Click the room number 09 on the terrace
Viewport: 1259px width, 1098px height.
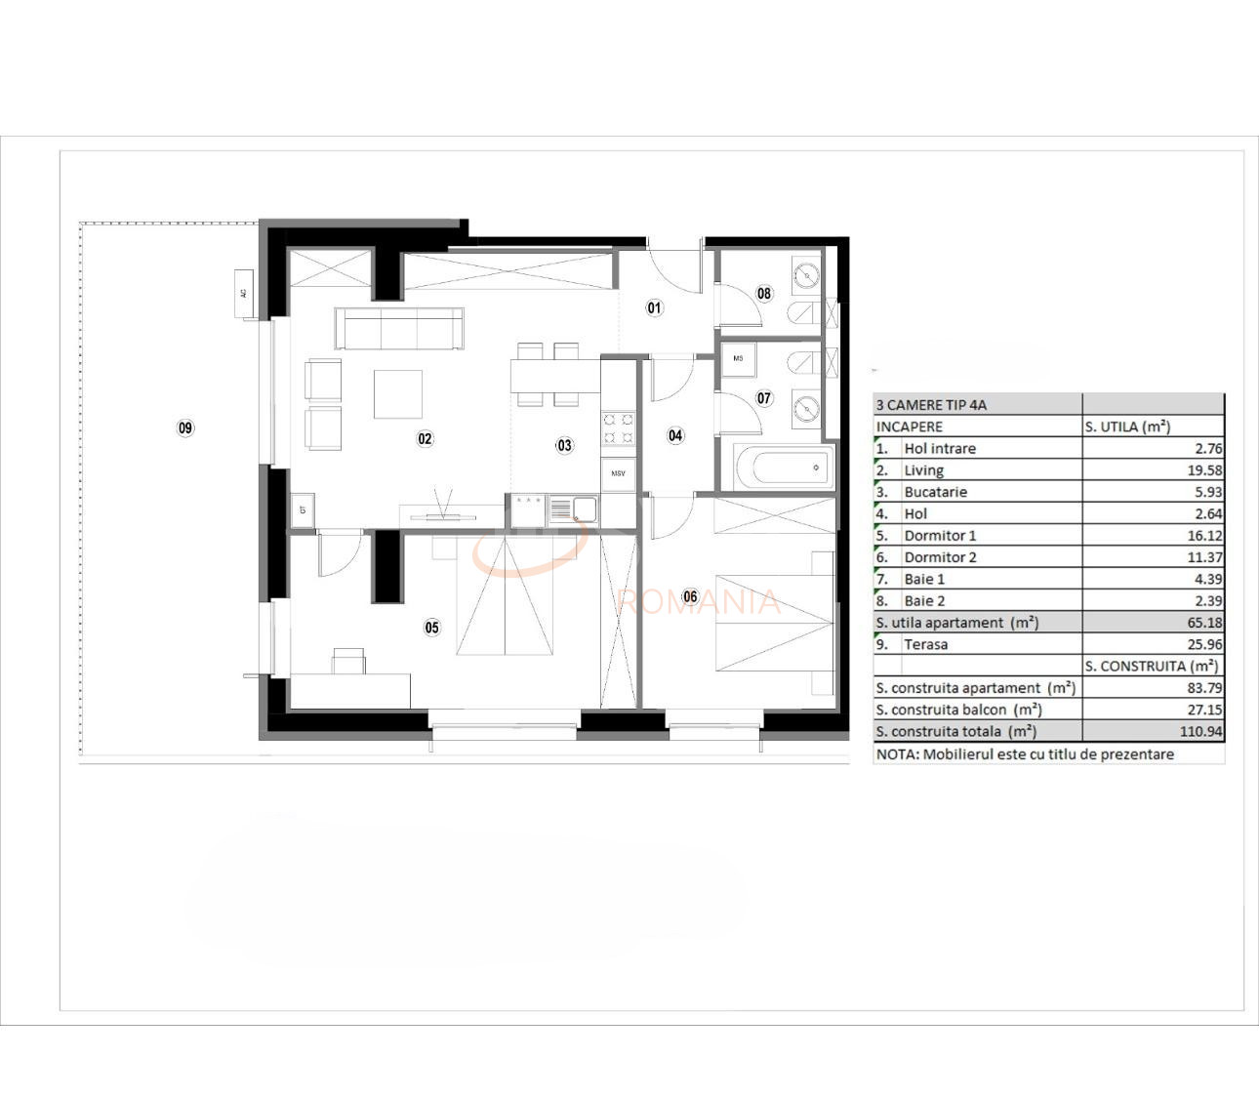pos(185,427)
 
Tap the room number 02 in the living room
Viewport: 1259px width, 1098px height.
pos(425,439)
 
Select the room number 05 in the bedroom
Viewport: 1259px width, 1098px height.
pos(431,628)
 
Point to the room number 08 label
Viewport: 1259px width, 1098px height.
pos(764,293)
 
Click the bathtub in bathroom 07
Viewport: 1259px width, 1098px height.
pos(785,468)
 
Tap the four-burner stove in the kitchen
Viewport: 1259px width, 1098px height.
pos(618,428)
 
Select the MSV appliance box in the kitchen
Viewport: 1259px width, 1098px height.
pos(618,473)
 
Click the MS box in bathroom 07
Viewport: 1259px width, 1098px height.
pos(738,358)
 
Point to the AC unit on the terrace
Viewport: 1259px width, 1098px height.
pos(244,293)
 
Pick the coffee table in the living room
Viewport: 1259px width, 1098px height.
pos(398,393)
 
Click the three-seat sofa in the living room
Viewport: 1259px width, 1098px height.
pos(399,329)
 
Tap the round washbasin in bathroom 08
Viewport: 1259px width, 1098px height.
pos(806,274)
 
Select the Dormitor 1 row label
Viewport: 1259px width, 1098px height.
pos(940,536)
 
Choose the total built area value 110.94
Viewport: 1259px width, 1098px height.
pos(1200,731)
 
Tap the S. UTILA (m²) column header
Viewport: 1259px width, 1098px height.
pos(1127,427)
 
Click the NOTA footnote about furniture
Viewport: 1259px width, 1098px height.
pos(1025,754)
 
